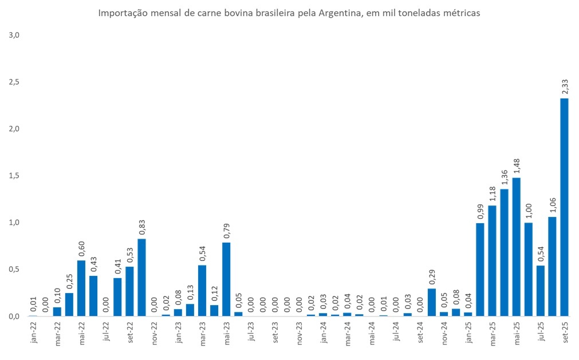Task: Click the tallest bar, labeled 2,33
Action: click(x=564, y=207)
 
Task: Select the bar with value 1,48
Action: click(x=516, y=247)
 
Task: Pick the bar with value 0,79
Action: click(x=226, y=279)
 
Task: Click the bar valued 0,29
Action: click(x=431, y=302)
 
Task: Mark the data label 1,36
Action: click(x=504, y=176)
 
